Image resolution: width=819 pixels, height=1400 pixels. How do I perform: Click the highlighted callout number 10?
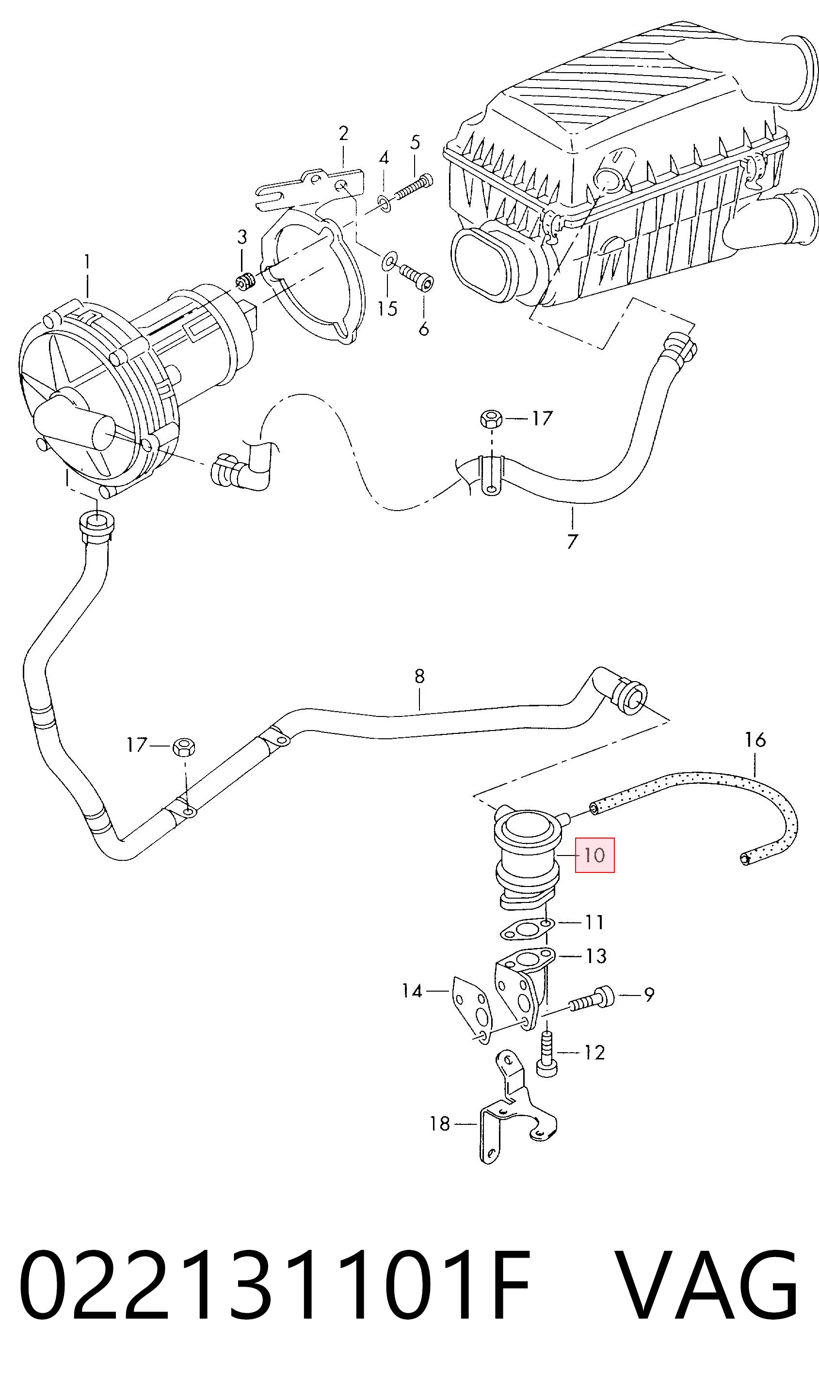click(x=594, y=855)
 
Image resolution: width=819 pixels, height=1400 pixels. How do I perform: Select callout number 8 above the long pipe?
click(x=419, y=676)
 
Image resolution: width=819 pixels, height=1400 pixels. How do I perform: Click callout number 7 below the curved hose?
click(x=572, y=541)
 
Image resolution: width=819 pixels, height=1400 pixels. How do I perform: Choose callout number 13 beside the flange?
click(x=595, y=956)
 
